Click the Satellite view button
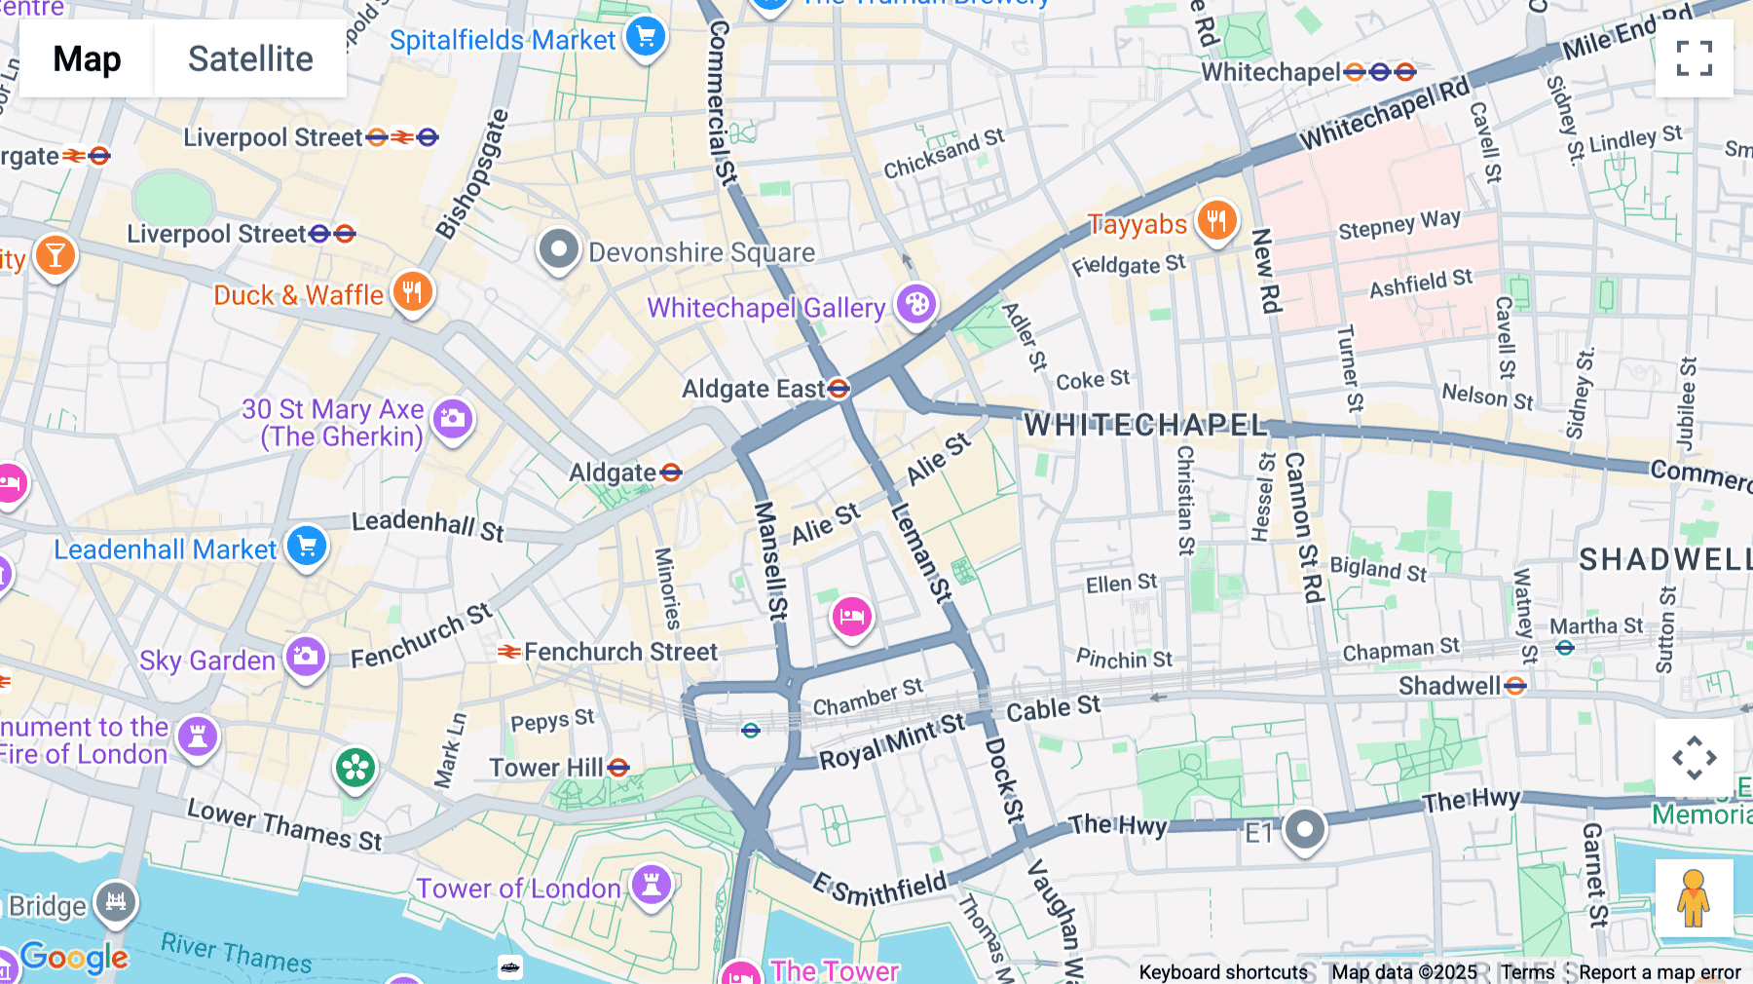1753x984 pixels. coord(250,58)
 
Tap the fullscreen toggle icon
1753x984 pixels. coord(1694,58)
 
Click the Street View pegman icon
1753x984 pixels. coord(1694,897)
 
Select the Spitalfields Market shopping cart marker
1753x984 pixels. coord(645,38)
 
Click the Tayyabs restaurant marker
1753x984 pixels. coord(1216,221)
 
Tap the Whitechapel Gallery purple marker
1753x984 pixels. coord(915,305)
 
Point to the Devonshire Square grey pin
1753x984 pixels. coord(559,249)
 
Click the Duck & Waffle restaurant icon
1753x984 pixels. coord(412,291)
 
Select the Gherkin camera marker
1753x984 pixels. coord(452,419)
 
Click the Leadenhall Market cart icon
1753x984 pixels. coord(307,546)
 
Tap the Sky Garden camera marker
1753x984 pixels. coord(306,657)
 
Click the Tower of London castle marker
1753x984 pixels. coord(652,885)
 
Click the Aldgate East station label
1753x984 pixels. coord(753,390)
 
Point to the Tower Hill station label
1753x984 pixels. coord(546,768)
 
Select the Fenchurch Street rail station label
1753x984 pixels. coord(619,652)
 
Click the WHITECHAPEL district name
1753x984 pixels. coord(1145,425)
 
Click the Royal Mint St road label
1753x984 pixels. coord(891,740)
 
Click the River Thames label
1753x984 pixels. coord(236,952)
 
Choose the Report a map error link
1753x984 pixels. coord(1659,971)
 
